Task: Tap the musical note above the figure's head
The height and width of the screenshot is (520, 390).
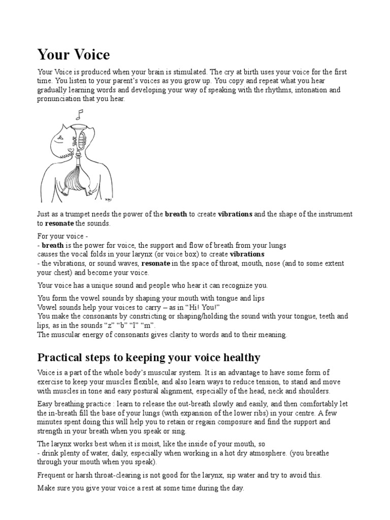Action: pos(79,115)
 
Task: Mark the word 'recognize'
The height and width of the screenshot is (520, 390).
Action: pos(235,285)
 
